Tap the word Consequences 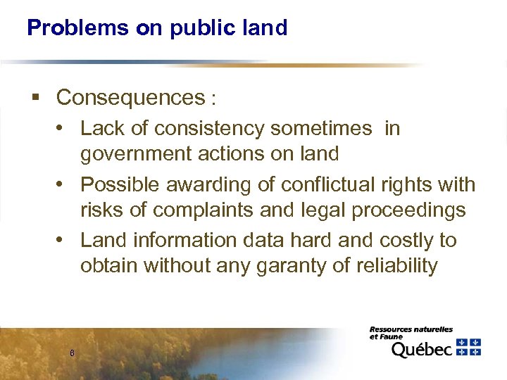point(130,98)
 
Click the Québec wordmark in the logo point(421,349)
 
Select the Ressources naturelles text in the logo point(411,329)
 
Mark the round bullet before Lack point(64,128)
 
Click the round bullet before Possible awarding point(64,184)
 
